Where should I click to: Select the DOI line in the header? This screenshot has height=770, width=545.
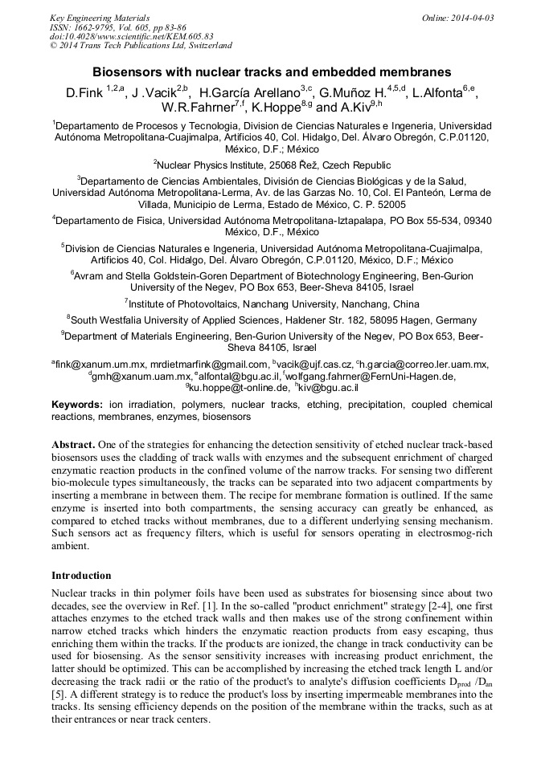click(132, 36)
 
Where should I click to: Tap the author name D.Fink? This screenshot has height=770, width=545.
click(84, 93)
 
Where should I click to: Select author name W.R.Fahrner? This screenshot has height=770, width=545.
click(194, 108)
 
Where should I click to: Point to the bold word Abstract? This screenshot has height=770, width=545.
click(73, 444)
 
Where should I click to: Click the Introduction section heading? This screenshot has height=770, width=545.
click(81, 576)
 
